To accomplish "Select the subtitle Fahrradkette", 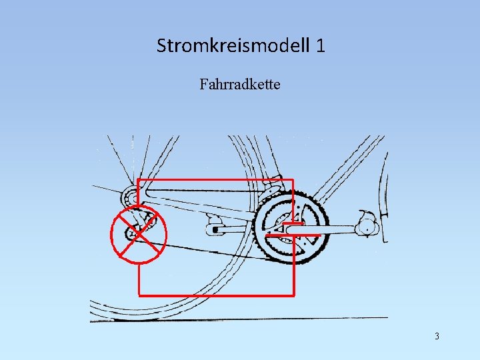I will [239, 85].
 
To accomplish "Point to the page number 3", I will [437, 336].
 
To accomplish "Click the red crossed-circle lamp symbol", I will [138, 231].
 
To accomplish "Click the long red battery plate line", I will [294, 235].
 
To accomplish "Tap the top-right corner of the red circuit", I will [293, 180].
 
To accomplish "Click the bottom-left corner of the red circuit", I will [138, 294].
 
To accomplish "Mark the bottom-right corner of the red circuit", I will [293, 294].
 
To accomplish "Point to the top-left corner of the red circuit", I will [138, 180].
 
